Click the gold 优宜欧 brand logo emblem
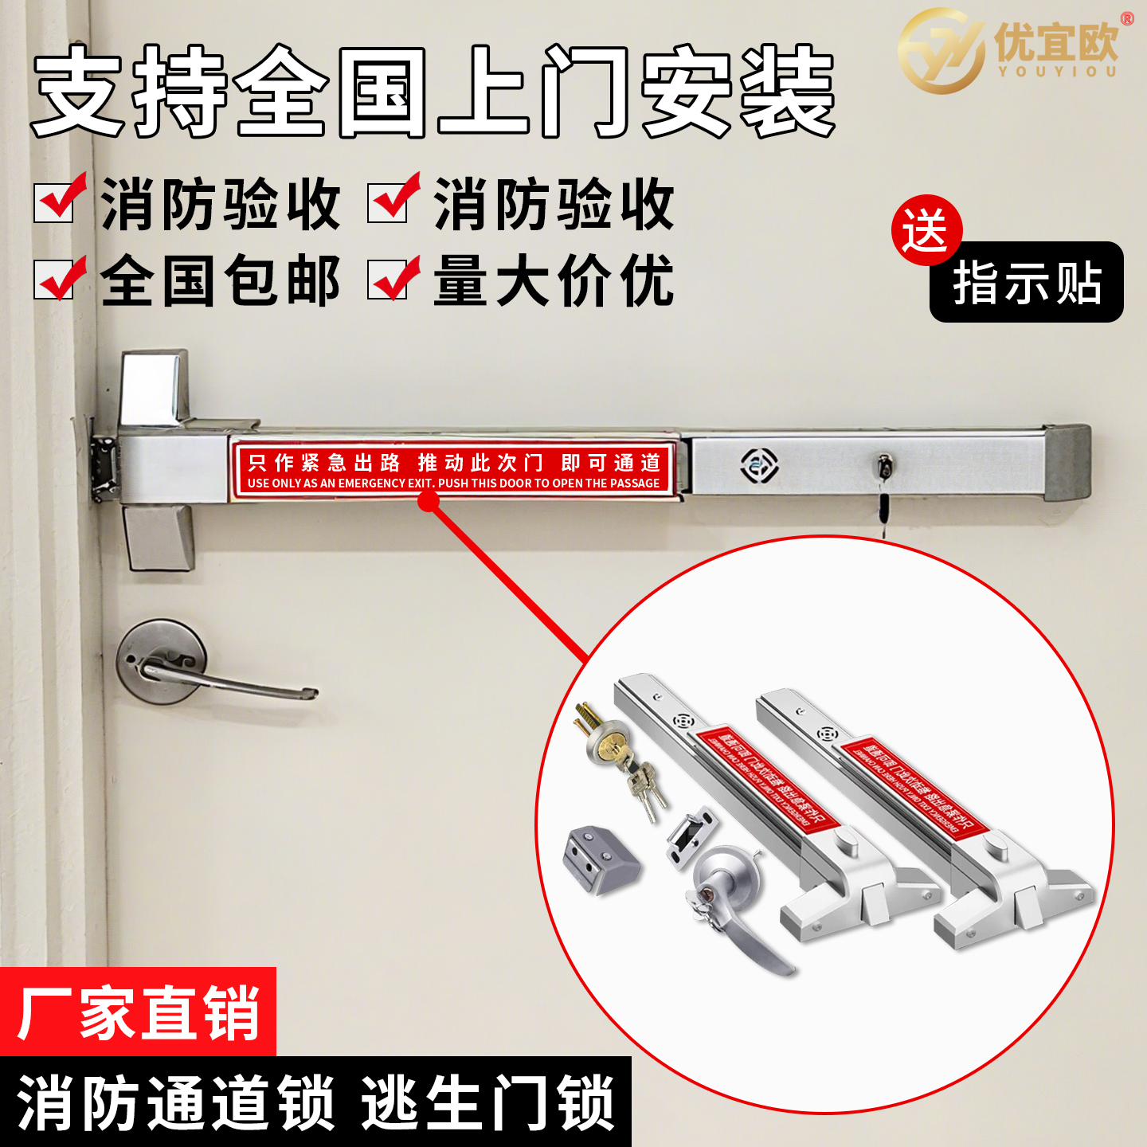click(940, 49)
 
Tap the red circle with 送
click(926, 230)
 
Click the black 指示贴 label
click(1027, 283)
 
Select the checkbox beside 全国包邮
click(54, 279)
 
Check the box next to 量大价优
click(388, 279)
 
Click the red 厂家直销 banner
click(138, 1012)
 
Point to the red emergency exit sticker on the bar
click(453, 471)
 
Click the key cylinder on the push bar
click(883, 466)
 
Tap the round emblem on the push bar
click(759, 464)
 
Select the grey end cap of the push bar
click(1067, 462)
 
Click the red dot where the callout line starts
click(429, 501)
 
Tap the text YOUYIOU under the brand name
click(1057, 71)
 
